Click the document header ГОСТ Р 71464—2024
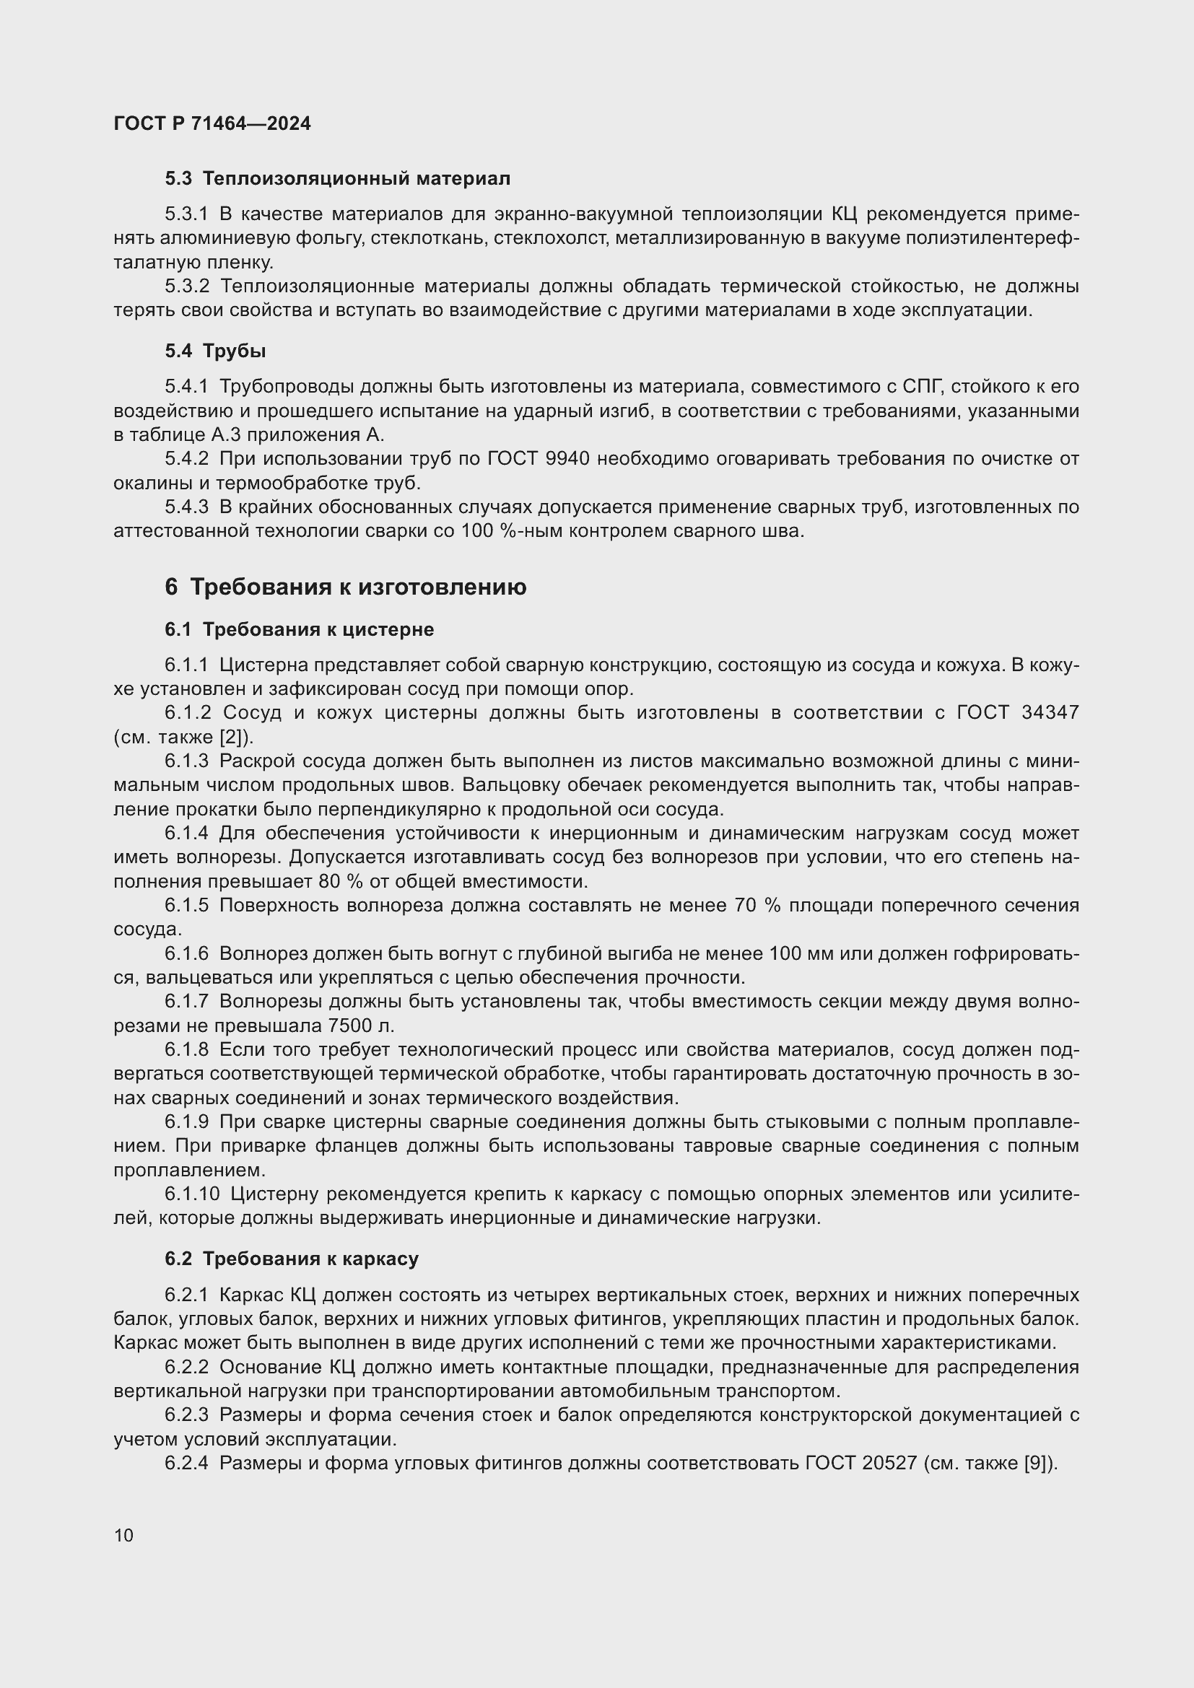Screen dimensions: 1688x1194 click(x=212, y=123)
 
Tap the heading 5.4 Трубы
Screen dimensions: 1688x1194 click(x=214, y=351)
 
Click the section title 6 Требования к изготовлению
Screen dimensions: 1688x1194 click(x=346, y=587)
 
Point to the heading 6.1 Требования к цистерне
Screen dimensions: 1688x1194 click(x=300, y=629)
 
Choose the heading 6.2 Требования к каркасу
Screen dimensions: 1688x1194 click(x=291, y=1259)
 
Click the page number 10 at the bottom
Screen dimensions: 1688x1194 click(x=124, y=1535)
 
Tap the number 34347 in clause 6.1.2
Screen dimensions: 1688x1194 click(x=1050, y=712)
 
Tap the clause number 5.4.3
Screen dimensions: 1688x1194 click(x=187, y=507)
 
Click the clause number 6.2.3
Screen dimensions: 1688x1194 click(x=187, y=1415)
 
